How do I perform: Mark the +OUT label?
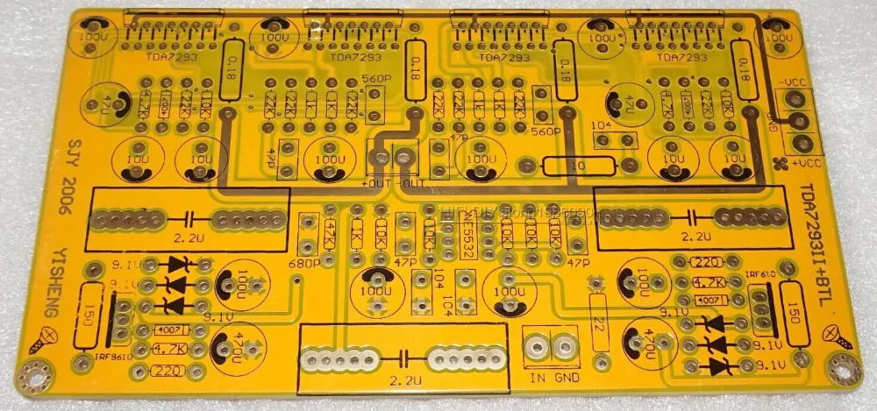(376, 182)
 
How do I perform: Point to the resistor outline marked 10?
(578, 166)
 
